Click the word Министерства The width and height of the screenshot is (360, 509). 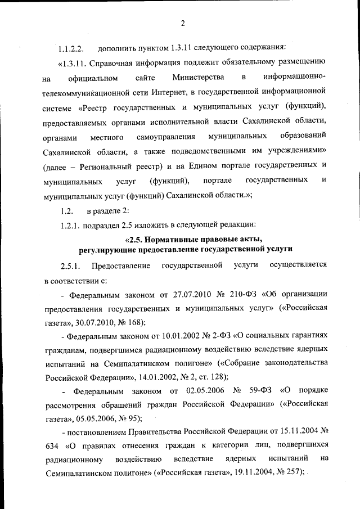tap(199, 76)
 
